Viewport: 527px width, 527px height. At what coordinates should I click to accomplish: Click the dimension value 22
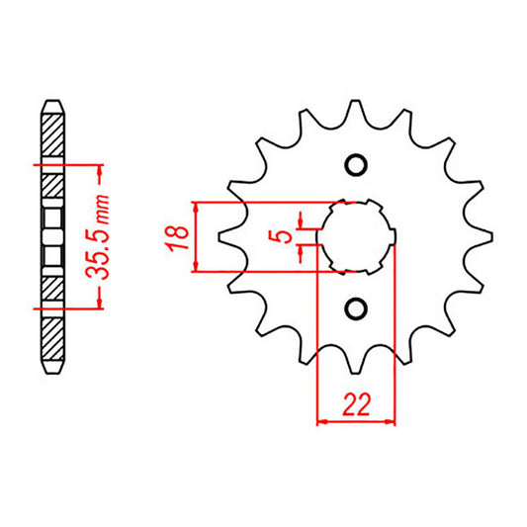[355, 404]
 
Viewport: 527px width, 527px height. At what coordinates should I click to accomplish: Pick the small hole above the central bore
[355, 165]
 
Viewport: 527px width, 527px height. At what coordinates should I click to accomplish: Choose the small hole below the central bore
[355, 308]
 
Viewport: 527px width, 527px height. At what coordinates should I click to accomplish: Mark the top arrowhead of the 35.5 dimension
[101, 169]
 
